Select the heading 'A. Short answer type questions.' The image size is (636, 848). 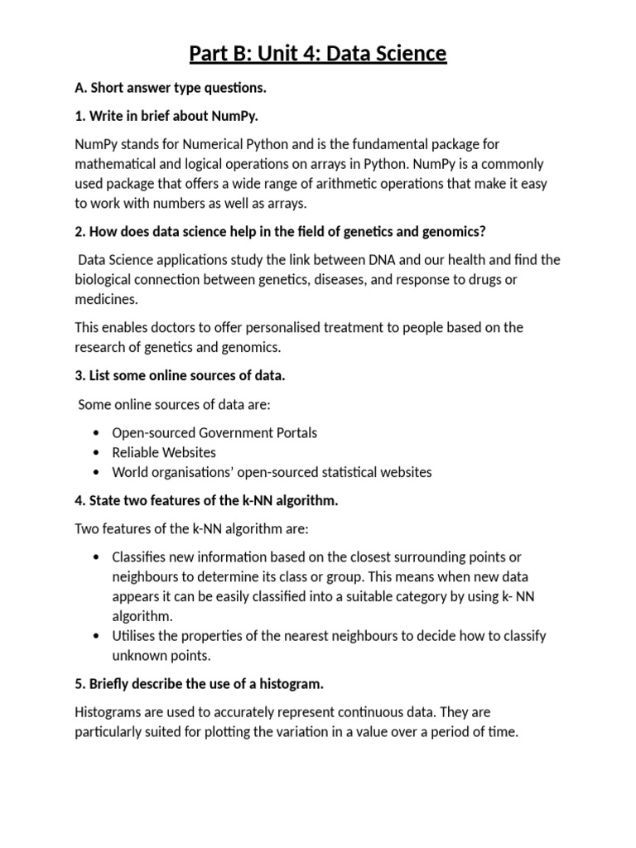pos(171,88)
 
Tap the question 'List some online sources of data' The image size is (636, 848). pos(180,375)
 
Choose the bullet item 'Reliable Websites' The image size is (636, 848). pos(164,452)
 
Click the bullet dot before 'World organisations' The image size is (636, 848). pos(98,473)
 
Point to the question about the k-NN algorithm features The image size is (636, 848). pos(207,500)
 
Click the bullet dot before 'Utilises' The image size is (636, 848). pos(98,636)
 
